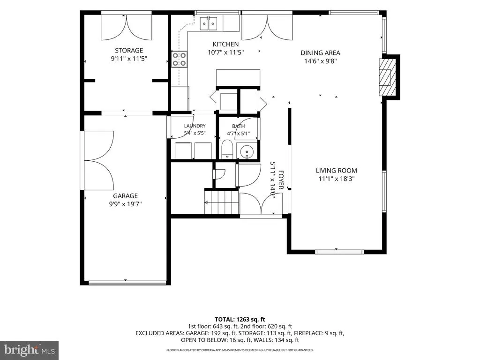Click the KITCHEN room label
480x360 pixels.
pos(225,44)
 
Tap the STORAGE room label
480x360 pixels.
pos(129,50)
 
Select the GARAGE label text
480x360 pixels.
pos(126,195)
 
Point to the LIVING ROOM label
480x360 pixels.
pos(337,171)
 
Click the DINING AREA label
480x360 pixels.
pos(321,52)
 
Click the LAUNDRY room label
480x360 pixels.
pos(195,126)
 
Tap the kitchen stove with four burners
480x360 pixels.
pos(179,59)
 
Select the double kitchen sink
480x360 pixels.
pos(209,23)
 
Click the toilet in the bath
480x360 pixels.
pos(227,150)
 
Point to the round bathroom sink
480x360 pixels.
pos(247,152)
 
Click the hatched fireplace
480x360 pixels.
pos(385,77)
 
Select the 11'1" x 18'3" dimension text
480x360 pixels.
pos(337,179)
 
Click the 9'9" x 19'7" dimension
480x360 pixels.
pos(126,204)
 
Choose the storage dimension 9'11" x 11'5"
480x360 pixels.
pos(129,59)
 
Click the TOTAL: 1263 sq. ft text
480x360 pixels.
pos(240,320)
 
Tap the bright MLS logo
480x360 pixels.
pos(29,350)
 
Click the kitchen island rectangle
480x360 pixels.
pos(238,78)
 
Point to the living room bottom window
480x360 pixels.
pos(339,252)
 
